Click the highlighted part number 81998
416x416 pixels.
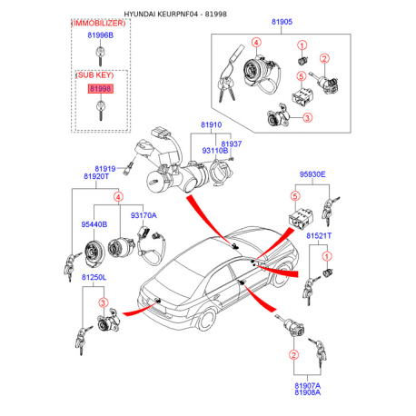point(101,89)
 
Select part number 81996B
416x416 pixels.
point(101,35)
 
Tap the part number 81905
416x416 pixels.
point(282,22)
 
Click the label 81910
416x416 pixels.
point(212,124)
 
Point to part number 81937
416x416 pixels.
point(232,144)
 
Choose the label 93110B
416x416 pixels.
point(215,151)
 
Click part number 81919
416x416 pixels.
point(105,169)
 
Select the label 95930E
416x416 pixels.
point(312,174)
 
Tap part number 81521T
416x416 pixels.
point(319,235)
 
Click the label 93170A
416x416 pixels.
point(144,215)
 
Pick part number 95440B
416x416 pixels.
point(94,224)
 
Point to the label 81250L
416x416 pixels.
point(94,277)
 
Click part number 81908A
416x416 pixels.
point(307,392)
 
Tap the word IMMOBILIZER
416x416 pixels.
point(98,24)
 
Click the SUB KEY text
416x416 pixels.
point(94,75)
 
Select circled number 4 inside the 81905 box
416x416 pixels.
point(256,43)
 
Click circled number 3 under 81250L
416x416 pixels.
point(104,302)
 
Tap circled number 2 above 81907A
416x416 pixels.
point(293,354)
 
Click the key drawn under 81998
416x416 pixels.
point(101,111)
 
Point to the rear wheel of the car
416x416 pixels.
point(207,319)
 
